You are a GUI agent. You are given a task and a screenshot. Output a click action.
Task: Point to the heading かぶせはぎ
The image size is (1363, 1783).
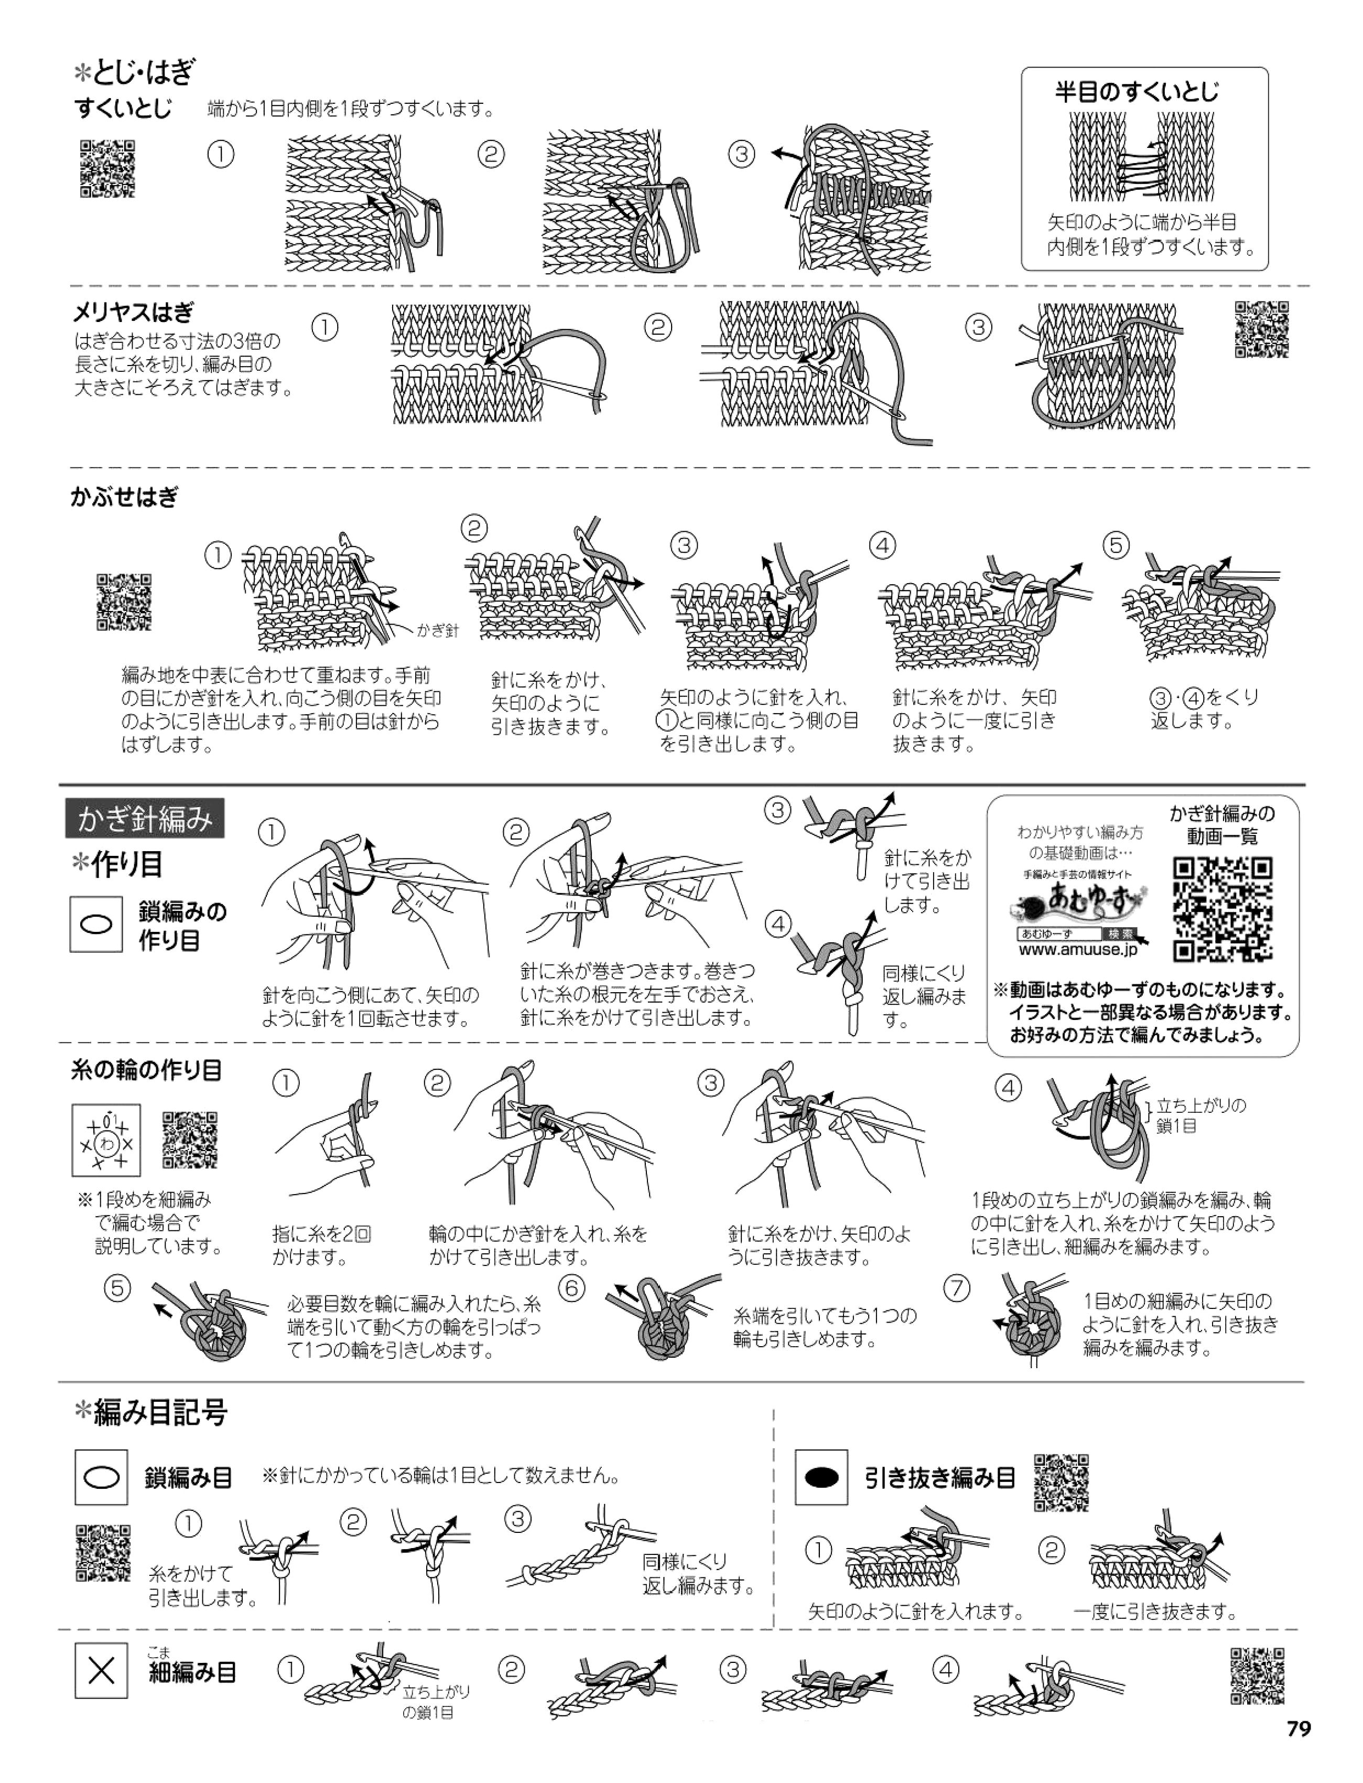[x=124, y=497]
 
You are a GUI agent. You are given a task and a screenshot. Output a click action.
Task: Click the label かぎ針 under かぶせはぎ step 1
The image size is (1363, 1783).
[x=437, y=630]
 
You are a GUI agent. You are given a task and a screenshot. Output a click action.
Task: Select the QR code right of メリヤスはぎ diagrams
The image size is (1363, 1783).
[x=1262, y=329]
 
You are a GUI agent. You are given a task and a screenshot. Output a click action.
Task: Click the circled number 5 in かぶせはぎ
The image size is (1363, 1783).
[x=1117, y=546]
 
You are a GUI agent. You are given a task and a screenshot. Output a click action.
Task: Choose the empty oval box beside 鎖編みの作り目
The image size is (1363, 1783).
[x=96, y=925]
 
